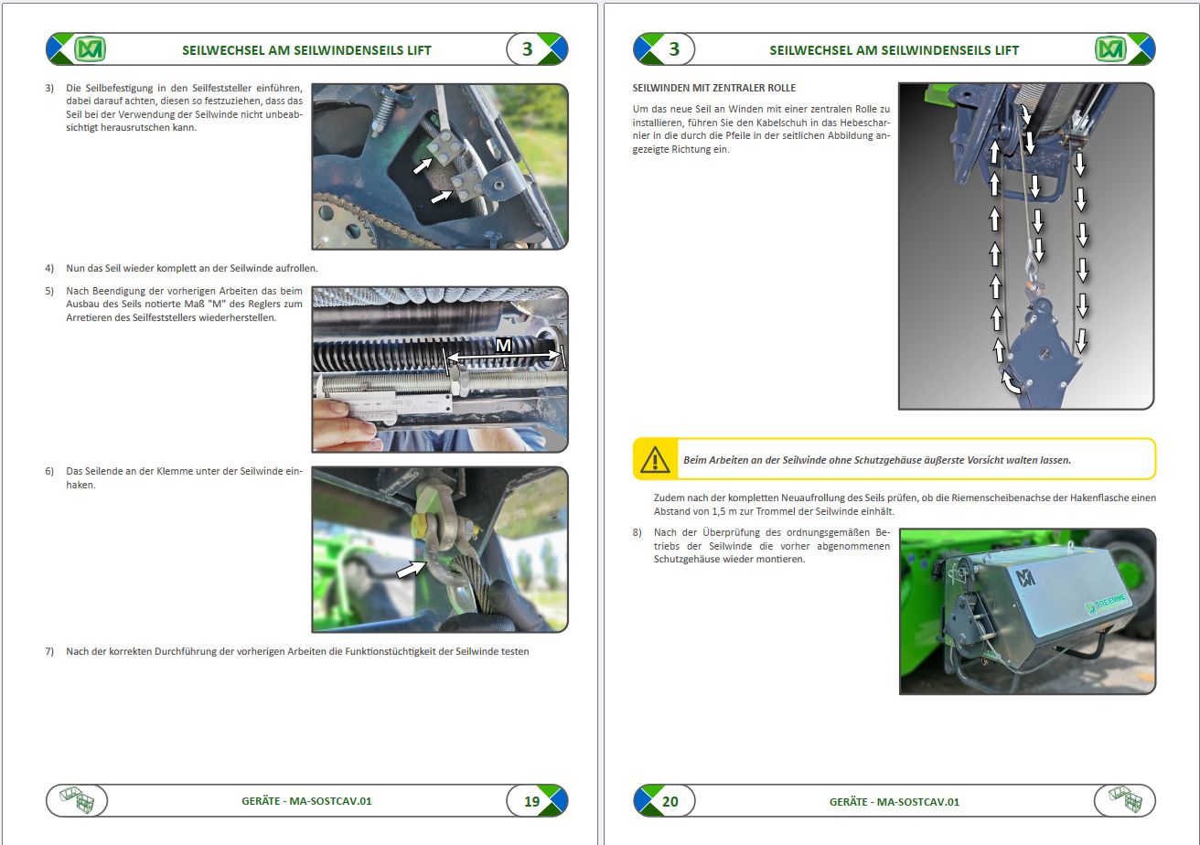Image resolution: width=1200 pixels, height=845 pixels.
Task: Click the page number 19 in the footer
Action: pos(531,801)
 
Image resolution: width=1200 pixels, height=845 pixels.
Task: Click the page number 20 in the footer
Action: pos(670,801)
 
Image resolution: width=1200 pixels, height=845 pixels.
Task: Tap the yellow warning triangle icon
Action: pos(655,459)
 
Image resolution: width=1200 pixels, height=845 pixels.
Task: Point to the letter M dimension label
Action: pos(503,346)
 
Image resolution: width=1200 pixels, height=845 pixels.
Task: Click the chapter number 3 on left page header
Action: pos(527,49)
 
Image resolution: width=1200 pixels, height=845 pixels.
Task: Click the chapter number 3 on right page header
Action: pos(674,49)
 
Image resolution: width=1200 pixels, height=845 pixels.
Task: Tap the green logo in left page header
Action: pos(90,49)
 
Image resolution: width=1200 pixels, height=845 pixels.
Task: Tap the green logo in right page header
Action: pos(1110,49)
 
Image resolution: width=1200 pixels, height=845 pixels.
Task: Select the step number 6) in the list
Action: pos(50,472)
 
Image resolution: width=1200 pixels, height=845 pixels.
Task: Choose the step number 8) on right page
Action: pos(637,532)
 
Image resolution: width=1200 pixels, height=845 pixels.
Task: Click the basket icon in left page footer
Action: pos(77,801)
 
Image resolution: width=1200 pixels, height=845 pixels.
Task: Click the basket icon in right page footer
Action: pos(1124,801)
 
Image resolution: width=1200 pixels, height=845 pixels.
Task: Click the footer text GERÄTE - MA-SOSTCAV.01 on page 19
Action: pos(306,801)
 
